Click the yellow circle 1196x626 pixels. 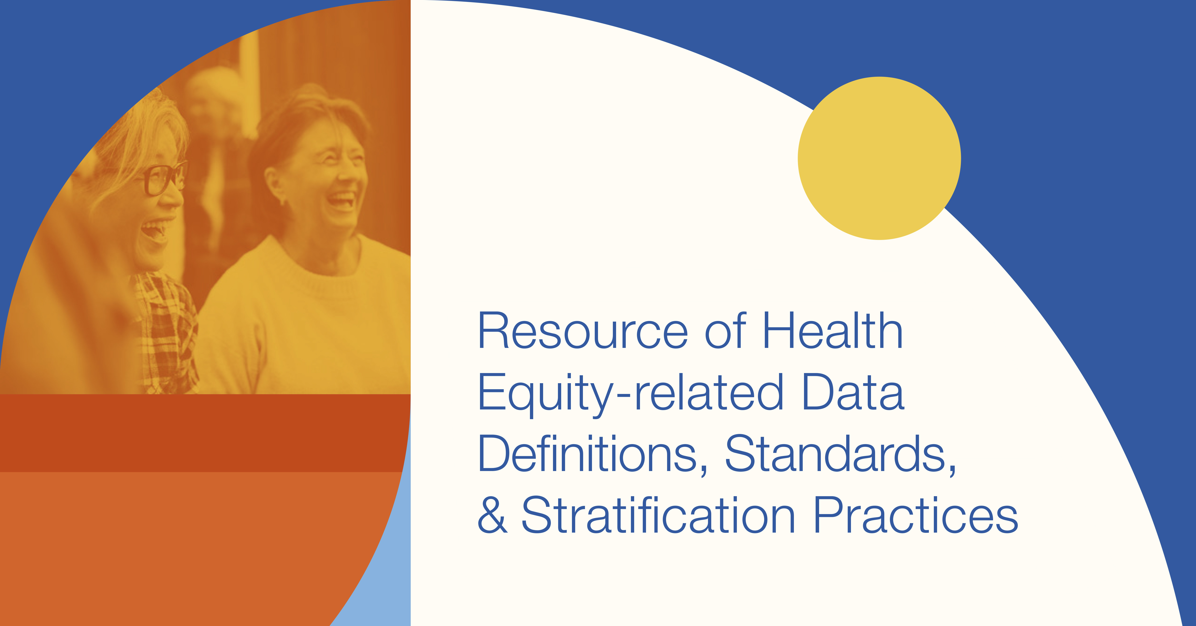point(879,158)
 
